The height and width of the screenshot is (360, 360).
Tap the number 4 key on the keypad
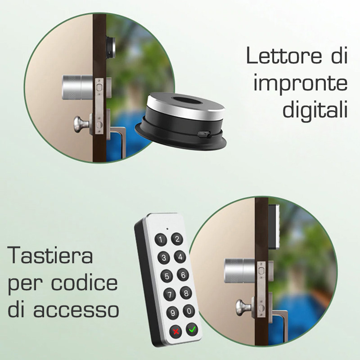click(180, 256)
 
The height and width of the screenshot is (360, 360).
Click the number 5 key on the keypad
click(166, 276)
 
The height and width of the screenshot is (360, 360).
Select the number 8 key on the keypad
click(186, 293)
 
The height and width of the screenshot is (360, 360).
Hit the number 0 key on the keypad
click(189, 311)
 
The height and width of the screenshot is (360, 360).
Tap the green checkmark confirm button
click(192, 330)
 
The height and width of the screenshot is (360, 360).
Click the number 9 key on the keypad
click(173, 313)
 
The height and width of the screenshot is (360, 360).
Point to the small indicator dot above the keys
click(167, 229)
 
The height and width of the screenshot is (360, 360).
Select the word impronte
click(300, 84)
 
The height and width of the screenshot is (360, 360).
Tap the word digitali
click(315, 109)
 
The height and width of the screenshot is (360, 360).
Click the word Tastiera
click(50, 255)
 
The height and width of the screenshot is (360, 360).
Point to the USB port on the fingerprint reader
click(204, 133)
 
